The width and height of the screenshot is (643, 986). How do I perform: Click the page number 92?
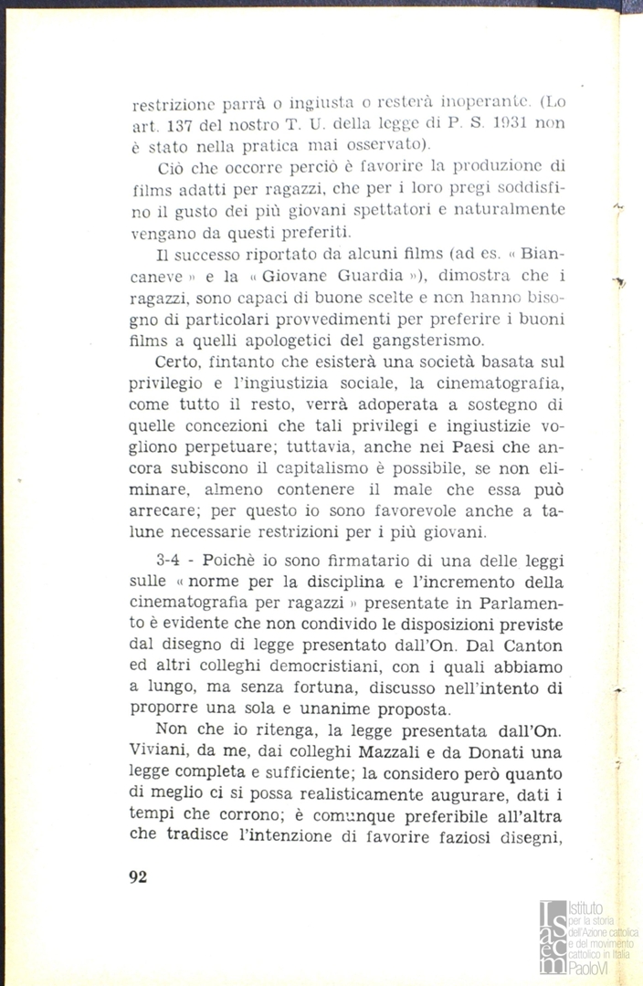click(139, 877)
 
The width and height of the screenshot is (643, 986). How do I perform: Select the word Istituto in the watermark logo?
click(585, 908)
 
